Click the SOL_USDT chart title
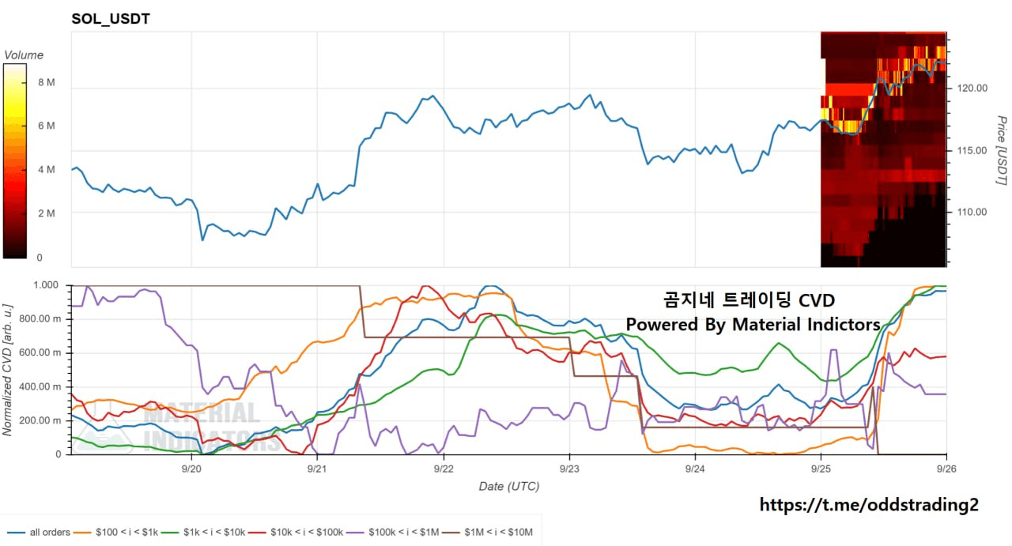(x=111, y=19)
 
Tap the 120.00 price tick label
(x=972, y=88)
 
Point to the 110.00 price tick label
(x=972, y=213)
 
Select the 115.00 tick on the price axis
(x=972, y=150)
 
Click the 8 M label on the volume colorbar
(x=47, y=82)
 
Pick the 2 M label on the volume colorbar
(x=47, y=213)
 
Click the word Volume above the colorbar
(x=24, y=55)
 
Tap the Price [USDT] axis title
(x=1001, y=150)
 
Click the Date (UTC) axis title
(x=509, y=487)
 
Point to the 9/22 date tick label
(x=444, y=469)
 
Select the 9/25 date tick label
(x=821, y=469)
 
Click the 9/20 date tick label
(x=191, y=469)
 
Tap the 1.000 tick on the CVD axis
(x=46, y=285)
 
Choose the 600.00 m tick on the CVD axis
(x=40, y=352)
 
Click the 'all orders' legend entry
(x=39, y=533)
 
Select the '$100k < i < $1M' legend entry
(x=393, y=533)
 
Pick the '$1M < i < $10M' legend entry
(x=488, y=533)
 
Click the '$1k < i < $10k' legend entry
(x=203, y=533)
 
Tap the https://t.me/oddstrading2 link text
(x=869, y=505)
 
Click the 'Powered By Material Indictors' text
(x=753, y=324)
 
